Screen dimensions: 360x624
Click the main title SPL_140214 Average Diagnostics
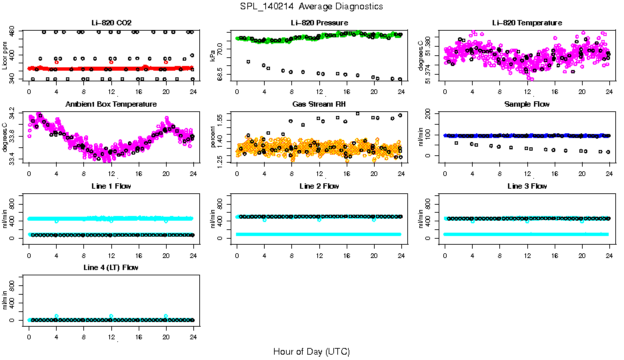tap(312, 6)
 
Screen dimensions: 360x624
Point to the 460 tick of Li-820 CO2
tap(13, 32)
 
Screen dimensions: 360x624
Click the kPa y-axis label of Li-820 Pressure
tap(213, 56)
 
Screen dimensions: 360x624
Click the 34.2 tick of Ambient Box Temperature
tap(13, 117)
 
